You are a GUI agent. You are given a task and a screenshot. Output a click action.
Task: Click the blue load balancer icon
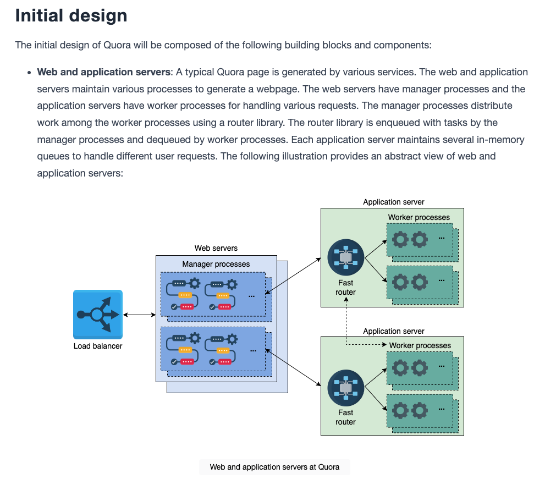tap(98, 315)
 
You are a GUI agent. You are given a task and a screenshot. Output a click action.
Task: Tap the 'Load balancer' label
tap(98, 346)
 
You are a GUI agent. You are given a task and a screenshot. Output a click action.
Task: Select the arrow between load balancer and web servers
tap(139, 315)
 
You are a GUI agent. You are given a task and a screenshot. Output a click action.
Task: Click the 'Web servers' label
tap(216, 248)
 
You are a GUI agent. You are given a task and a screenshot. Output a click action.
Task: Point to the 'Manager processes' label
tap(216, 264)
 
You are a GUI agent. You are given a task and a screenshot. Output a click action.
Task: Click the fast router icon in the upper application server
tap(346, 257)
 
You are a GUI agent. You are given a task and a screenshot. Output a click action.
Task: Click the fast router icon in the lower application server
tap(346, 388)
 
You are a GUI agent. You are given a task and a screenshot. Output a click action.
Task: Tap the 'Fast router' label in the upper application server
tap(346, 288)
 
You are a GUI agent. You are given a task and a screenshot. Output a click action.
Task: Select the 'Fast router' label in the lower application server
tap(346, 417)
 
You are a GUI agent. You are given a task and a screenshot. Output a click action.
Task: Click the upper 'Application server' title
tap(394, 202)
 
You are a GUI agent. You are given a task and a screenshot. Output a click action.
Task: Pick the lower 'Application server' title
tap(394, 331)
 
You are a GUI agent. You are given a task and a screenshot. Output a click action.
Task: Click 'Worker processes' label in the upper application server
tap(419, 217)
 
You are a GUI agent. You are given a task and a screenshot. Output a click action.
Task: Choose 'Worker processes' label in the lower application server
tap(420, 345)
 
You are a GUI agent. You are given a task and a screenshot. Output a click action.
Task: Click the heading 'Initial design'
tap(71, 15)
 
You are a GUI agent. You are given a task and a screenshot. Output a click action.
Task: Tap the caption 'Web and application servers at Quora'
tap(274, 467)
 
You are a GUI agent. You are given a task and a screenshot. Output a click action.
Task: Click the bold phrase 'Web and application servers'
tap(104, 72)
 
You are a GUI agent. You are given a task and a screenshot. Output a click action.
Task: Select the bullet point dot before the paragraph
tap(29, 73)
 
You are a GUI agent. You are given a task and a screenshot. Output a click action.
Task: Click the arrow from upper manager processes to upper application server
tap(293, 276)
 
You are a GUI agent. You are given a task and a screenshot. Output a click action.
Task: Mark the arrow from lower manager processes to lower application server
tap(293, 368)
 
